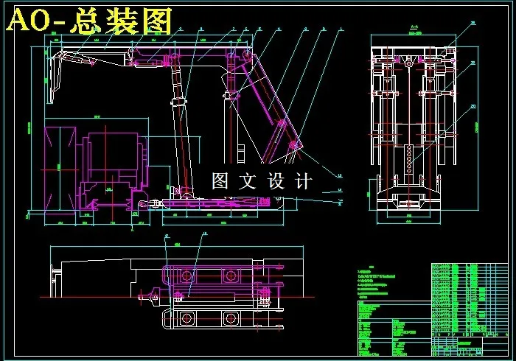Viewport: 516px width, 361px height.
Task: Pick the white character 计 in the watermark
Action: tap(303, 181)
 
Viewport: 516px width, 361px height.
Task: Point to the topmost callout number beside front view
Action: tap(472, 24)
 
